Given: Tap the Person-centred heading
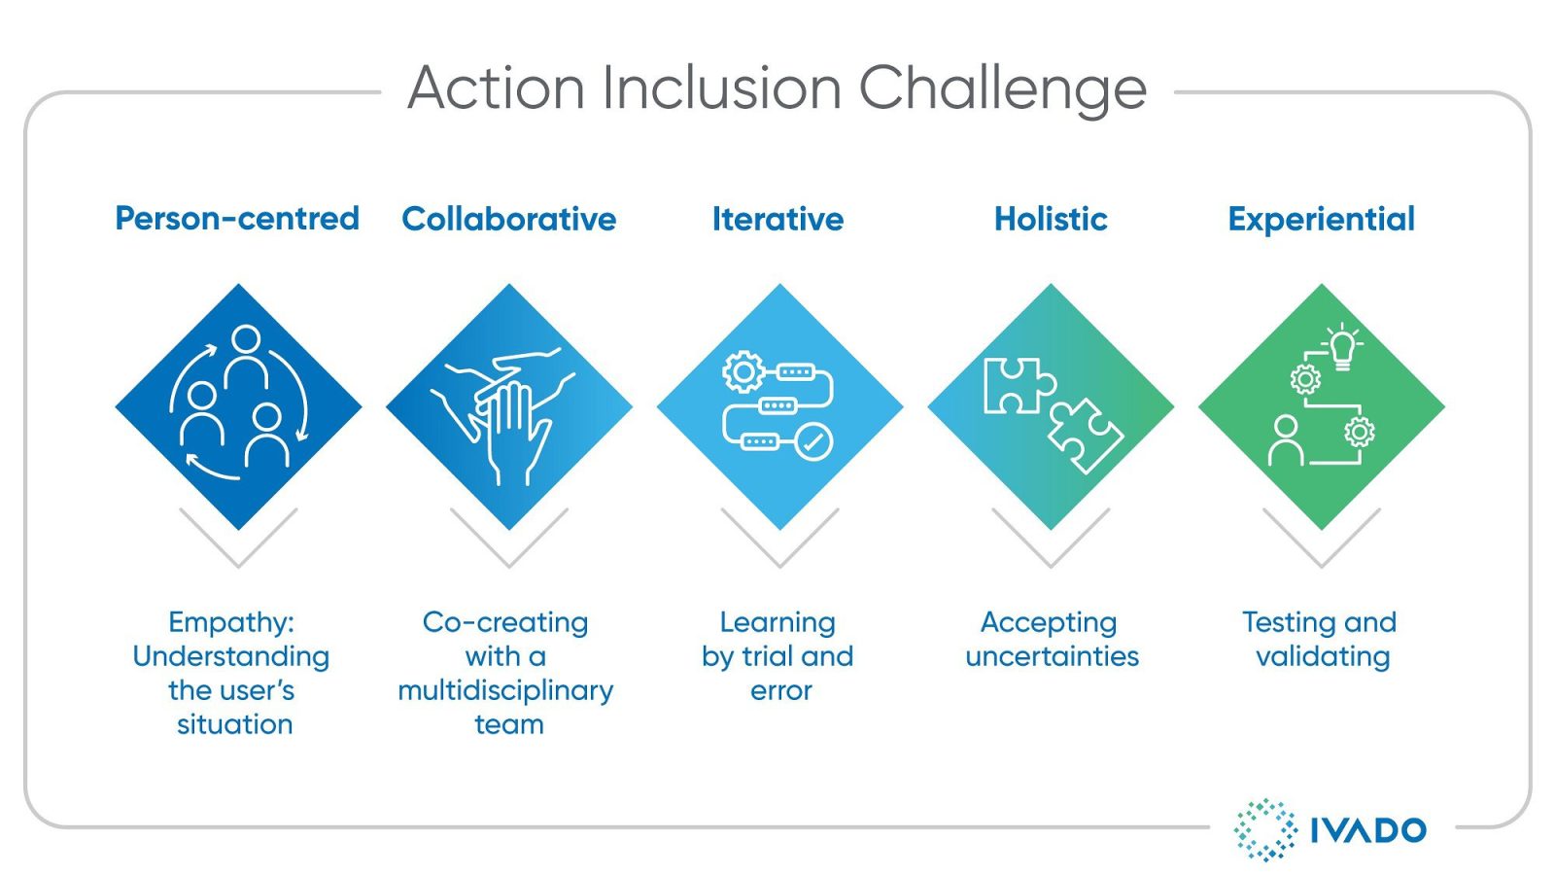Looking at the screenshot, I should tap(237, 218).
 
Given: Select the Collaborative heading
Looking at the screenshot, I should tap(508, 219).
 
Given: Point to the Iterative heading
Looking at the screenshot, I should tap(777, 219).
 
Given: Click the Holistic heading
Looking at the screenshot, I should tap(1051, 219).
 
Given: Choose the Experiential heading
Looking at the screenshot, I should tap(1321, 219).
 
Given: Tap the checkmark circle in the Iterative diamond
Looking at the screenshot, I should tap(814, 441).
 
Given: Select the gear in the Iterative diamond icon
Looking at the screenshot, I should tap(743, 371).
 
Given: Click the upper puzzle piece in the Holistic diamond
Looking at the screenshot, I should tap(1017, 385).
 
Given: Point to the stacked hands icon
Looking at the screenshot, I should tap(505, 413).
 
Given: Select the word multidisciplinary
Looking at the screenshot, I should tap(505, 691).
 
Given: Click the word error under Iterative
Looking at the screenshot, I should tap(780, 691).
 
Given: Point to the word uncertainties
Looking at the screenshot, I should tap(1052, 656).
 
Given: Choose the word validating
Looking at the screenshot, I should tap(1322, 656).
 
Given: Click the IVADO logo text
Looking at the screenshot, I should tap(1367, 830).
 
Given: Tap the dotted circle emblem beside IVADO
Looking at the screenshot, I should tap(1264, 829).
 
